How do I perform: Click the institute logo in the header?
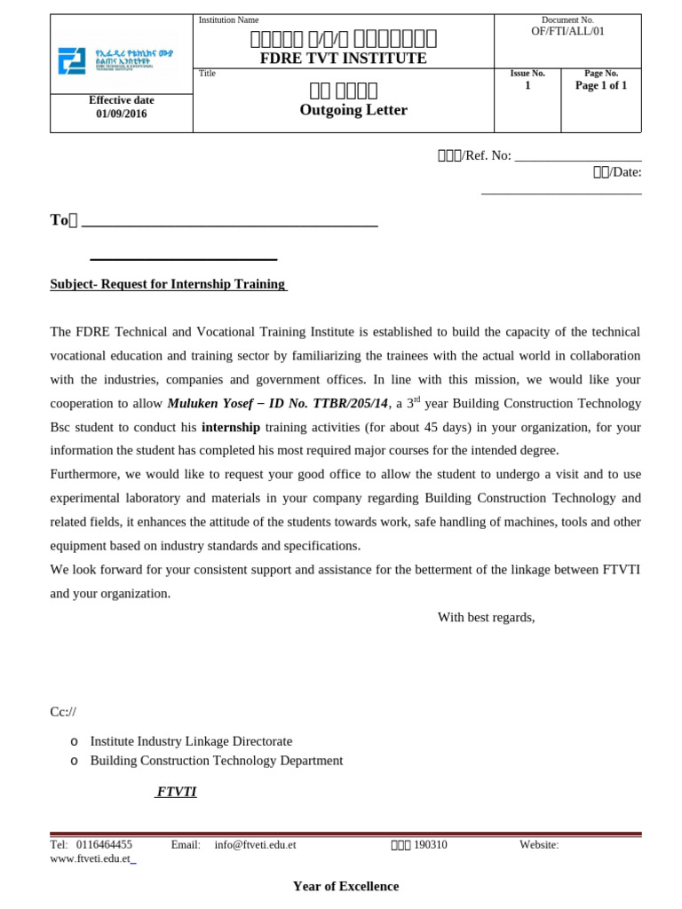115,60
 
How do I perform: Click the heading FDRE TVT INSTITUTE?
343,59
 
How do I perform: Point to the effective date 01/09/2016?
122,114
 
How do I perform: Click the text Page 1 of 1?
601,86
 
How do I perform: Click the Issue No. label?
527,73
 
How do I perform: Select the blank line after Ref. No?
578,155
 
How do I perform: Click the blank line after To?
229,221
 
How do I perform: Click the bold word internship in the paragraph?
231,427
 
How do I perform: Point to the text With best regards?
486,617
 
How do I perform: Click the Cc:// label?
63,712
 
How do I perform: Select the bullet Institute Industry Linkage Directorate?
191,741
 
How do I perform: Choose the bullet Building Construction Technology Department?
216,761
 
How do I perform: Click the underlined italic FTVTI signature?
176,791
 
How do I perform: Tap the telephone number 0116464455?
105,845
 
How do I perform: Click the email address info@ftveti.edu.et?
255,845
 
